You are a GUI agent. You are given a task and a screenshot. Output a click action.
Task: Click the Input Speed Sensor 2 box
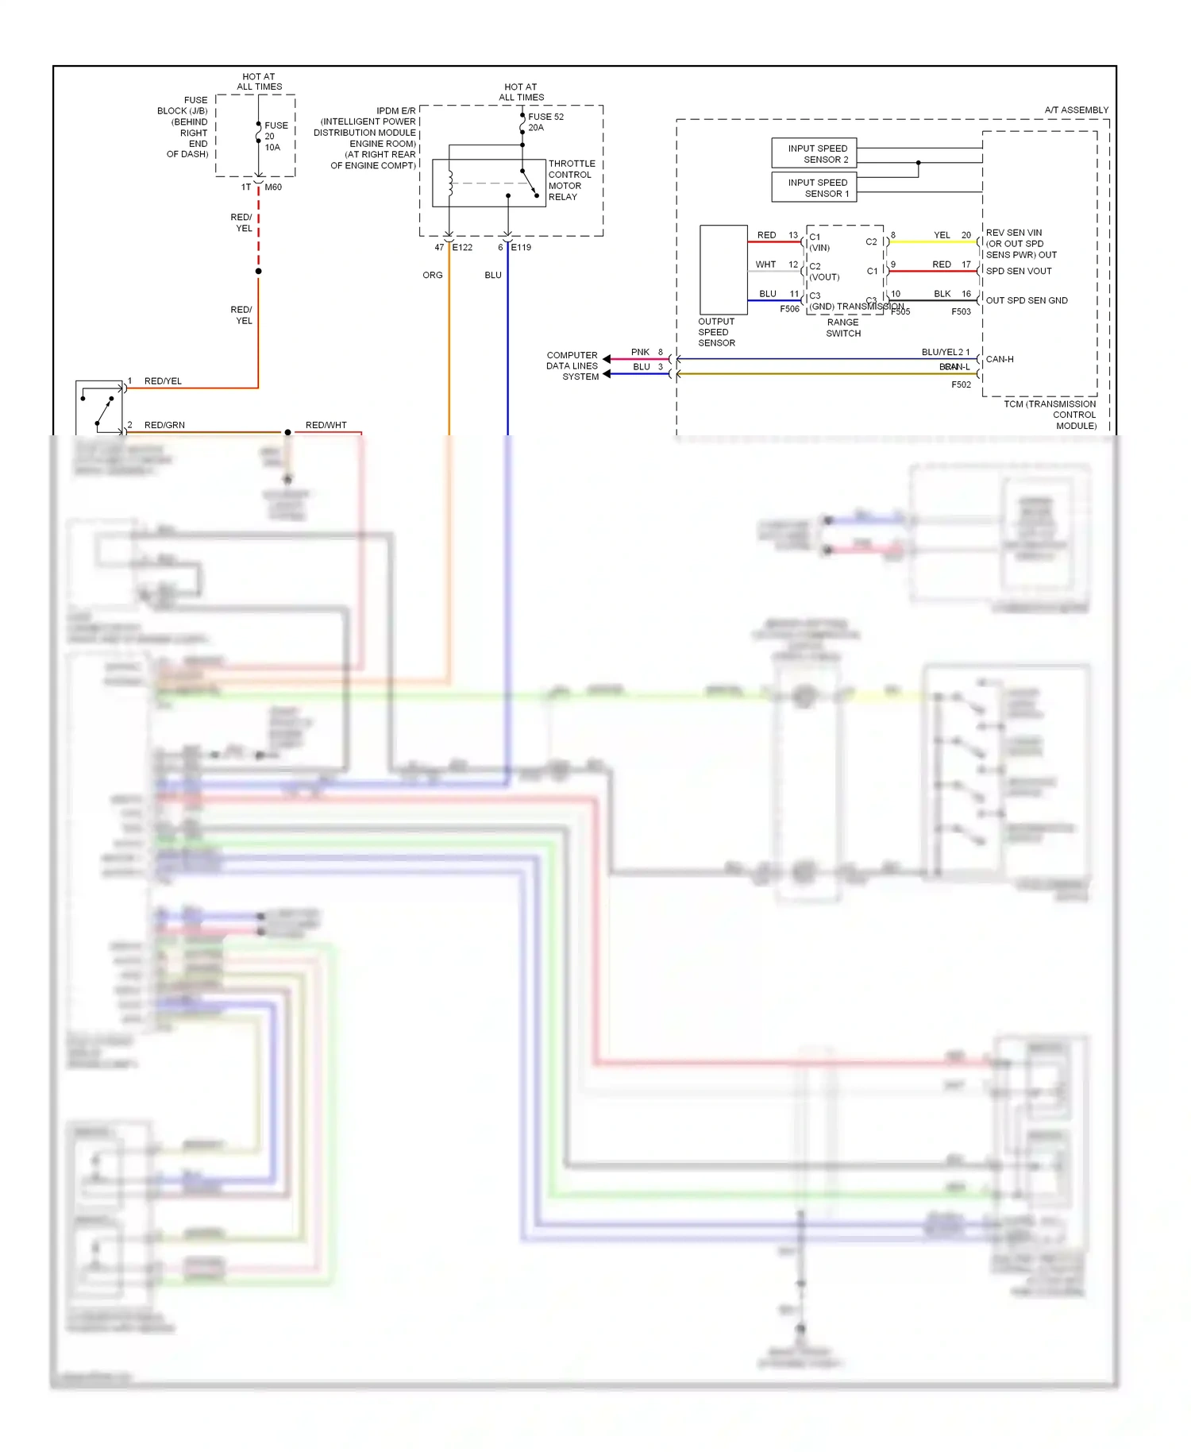[x=814, y=153]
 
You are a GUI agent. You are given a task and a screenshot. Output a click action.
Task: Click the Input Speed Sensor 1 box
[x=814, y=187]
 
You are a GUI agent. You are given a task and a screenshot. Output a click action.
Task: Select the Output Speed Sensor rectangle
[x=723, y=270]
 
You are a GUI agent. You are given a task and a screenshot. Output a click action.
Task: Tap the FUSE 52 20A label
[x=545, y=122]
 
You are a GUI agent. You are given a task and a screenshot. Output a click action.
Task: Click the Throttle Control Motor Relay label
[x=571, y=180]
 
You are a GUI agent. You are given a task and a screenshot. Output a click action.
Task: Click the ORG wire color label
[x=433, y=275]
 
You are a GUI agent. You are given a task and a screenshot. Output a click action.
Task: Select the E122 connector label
[x=463, y=247]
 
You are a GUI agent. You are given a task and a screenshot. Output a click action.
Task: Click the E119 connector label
[x=521, y=247]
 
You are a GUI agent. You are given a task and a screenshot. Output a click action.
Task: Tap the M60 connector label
[x=273, y=187]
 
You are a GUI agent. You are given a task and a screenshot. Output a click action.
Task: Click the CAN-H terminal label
[x=1000, y=359]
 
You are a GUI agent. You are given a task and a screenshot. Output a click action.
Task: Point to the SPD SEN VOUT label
[x=1019, y=271]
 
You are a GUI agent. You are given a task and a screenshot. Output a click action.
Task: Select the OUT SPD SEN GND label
[x=1027, y=300]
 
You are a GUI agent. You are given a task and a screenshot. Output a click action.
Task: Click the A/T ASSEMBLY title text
[x=1076, y=110]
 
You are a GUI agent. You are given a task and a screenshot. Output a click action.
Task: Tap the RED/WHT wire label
[x=326, y=425]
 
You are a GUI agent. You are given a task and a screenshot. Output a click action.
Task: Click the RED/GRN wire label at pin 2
[x=164, y=425]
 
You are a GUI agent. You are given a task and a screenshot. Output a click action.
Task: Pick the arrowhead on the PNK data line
[x=607, y=359]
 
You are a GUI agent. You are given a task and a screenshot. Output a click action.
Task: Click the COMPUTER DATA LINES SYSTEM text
[x=572, y=366]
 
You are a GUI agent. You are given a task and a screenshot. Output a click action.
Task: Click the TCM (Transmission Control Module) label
[x=1050, y=415]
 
